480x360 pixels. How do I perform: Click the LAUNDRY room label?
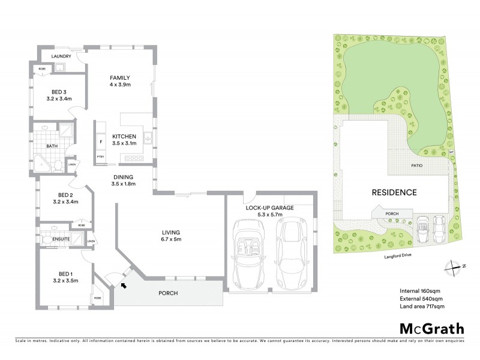pyautogui.click(x=62, y=56)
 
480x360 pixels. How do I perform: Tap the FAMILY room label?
pyautogui.click(x=120, y=78)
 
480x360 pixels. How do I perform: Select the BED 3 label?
pyautogui.click(x=60, y=91)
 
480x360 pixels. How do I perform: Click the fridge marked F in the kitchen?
pyautogui.click(x=100, y=142)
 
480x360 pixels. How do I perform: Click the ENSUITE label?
pyautogui.click(x=61, y=239)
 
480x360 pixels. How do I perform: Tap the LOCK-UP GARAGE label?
pyautogui.click(x=269, y=208)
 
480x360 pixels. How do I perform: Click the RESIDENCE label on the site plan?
pyautogui.click(x=394, y=193)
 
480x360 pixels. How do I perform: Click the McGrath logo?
pyautogui.click(x=431, y=328)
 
